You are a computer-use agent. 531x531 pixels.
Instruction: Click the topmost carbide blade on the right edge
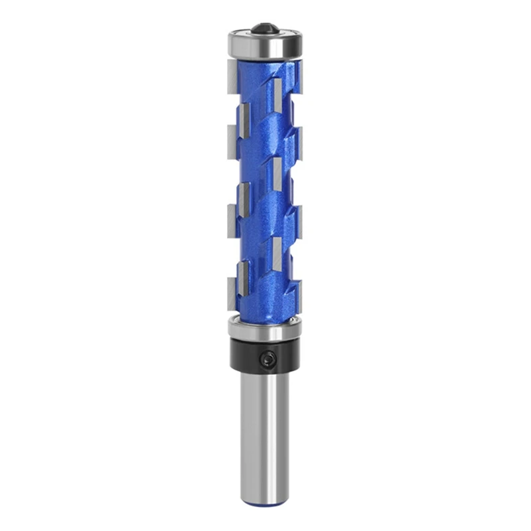pos(299,83)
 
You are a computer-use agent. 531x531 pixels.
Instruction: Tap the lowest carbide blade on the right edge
pos(299,287)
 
